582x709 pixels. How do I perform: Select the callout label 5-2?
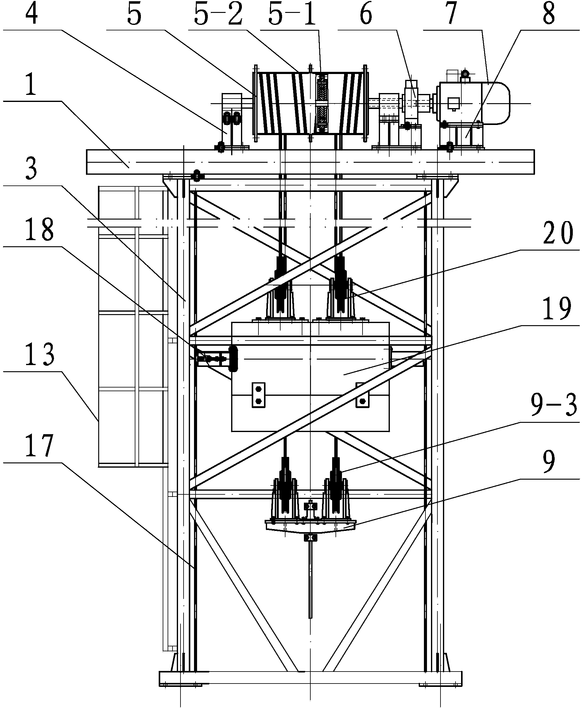(x=218, y=14)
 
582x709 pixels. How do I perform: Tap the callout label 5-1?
(x=292, y=14)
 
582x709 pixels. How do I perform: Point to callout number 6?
(x=366, y=14)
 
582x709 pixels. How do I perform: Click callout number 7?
(x=452, y=14)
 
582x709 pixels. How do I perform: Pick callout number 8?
(x=549, y=14)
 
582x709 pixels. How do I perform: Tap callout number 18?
(x=39, y=229)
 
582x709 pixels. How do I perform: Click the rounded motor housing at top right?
(x=473, y=103)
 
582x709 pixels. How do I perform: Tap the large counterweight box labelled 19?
(x=310, y=377)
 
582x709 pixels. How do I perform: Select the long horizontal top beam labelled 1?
(x=310, y=162)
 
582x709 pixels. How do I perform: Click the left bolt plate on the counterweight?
(x=258, y=395)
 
